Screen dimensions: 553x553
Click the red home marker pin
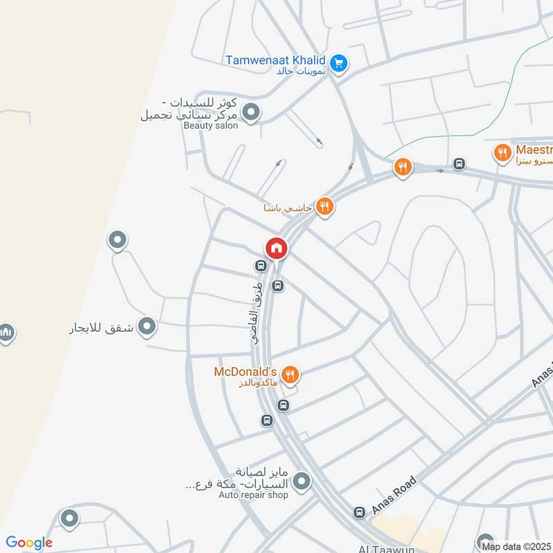(276, 248)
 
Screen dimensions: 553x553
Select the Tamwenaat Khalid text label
(275, 59)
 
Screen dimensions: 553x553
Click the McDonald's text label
(245, 371)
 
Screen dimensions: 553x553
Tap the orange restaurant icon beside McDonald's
(290, 375)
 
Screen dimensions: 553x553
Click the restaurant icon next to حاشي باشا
(324, 206)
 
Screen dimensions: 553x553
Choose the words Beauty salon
(210, 126)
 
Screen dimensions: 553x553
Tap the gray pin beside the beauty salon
(251, 111)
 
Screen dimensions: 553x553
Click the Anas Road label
(395, 495)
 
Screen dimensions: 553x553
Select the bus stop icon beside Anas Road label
(359, 512)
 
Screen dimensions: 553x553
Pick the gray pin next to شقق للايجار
(147, 326)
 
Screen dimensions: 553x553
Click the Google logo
(28, 543)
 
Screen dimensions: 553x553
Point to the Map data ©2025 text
(516, 546)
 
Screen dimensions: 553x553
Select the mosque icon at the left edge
(6, 333)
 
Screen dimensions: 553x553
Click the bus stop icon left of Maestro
(458, 164)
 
